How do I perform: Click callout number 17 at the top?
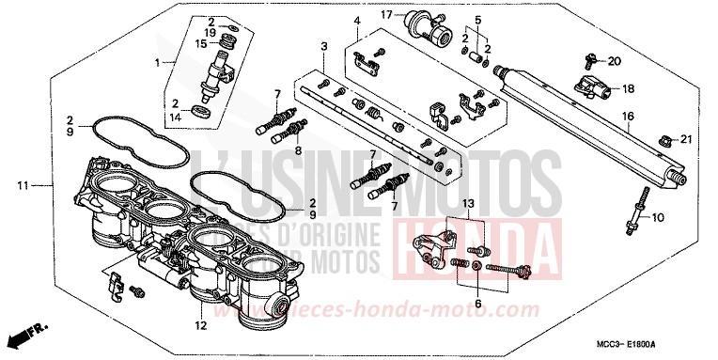coord(386,15)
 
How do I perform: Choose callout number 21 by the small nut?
coord(685,140)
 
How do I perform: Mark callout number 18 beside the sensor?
coord(629,88)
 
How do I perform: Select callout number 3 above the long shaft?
coord(323,45)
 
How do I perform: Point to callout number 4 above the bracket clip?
coord(357,20)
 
